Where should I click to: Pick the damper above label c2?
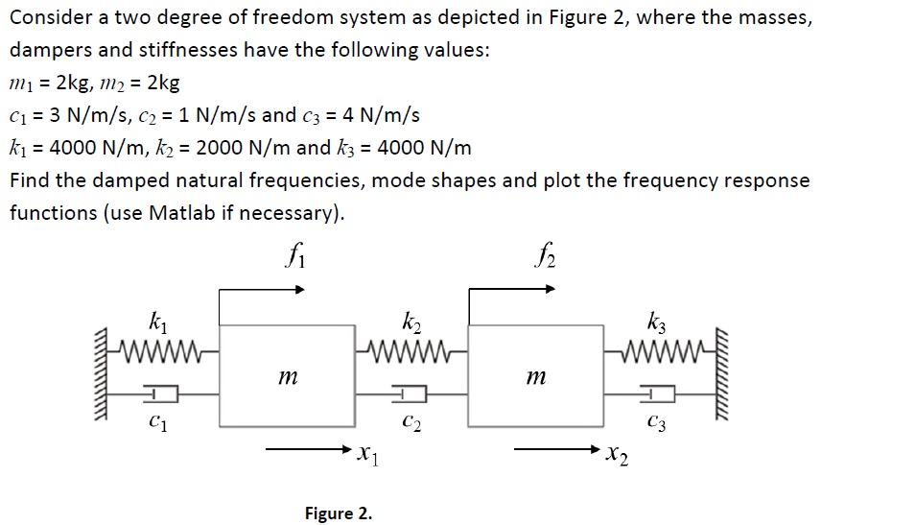click(411, 393)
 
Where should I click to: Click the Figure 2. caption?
click(339, 513)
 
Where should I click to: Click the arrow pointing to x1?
click(307, 449)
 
